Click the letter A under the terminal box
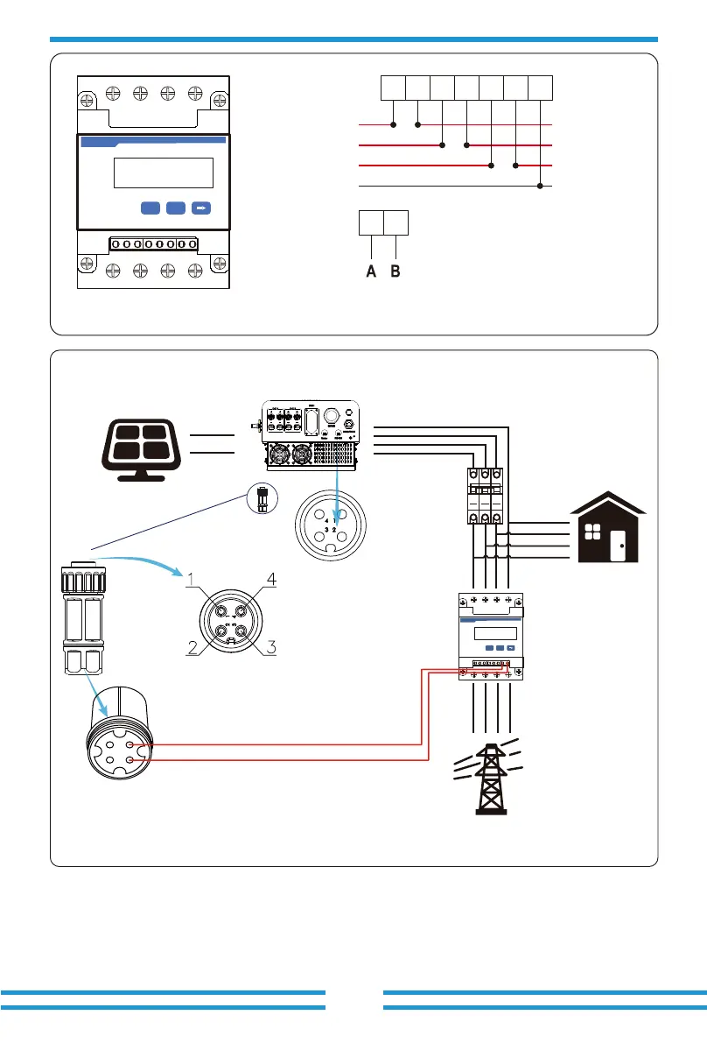(371, 272)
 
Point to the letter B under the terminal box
(395, 272)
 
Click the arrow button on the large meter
(202, 208)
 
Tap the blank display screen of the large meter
(164, 173)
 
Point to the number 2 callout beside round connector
(190, 648)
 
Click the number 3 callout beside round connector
(271, 648)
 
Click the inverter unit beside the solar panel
(311, 434)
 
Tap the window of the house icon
(591, 533)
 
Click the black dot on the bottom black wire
(541, 186)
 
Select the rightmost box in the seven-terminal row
(541, 88)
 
